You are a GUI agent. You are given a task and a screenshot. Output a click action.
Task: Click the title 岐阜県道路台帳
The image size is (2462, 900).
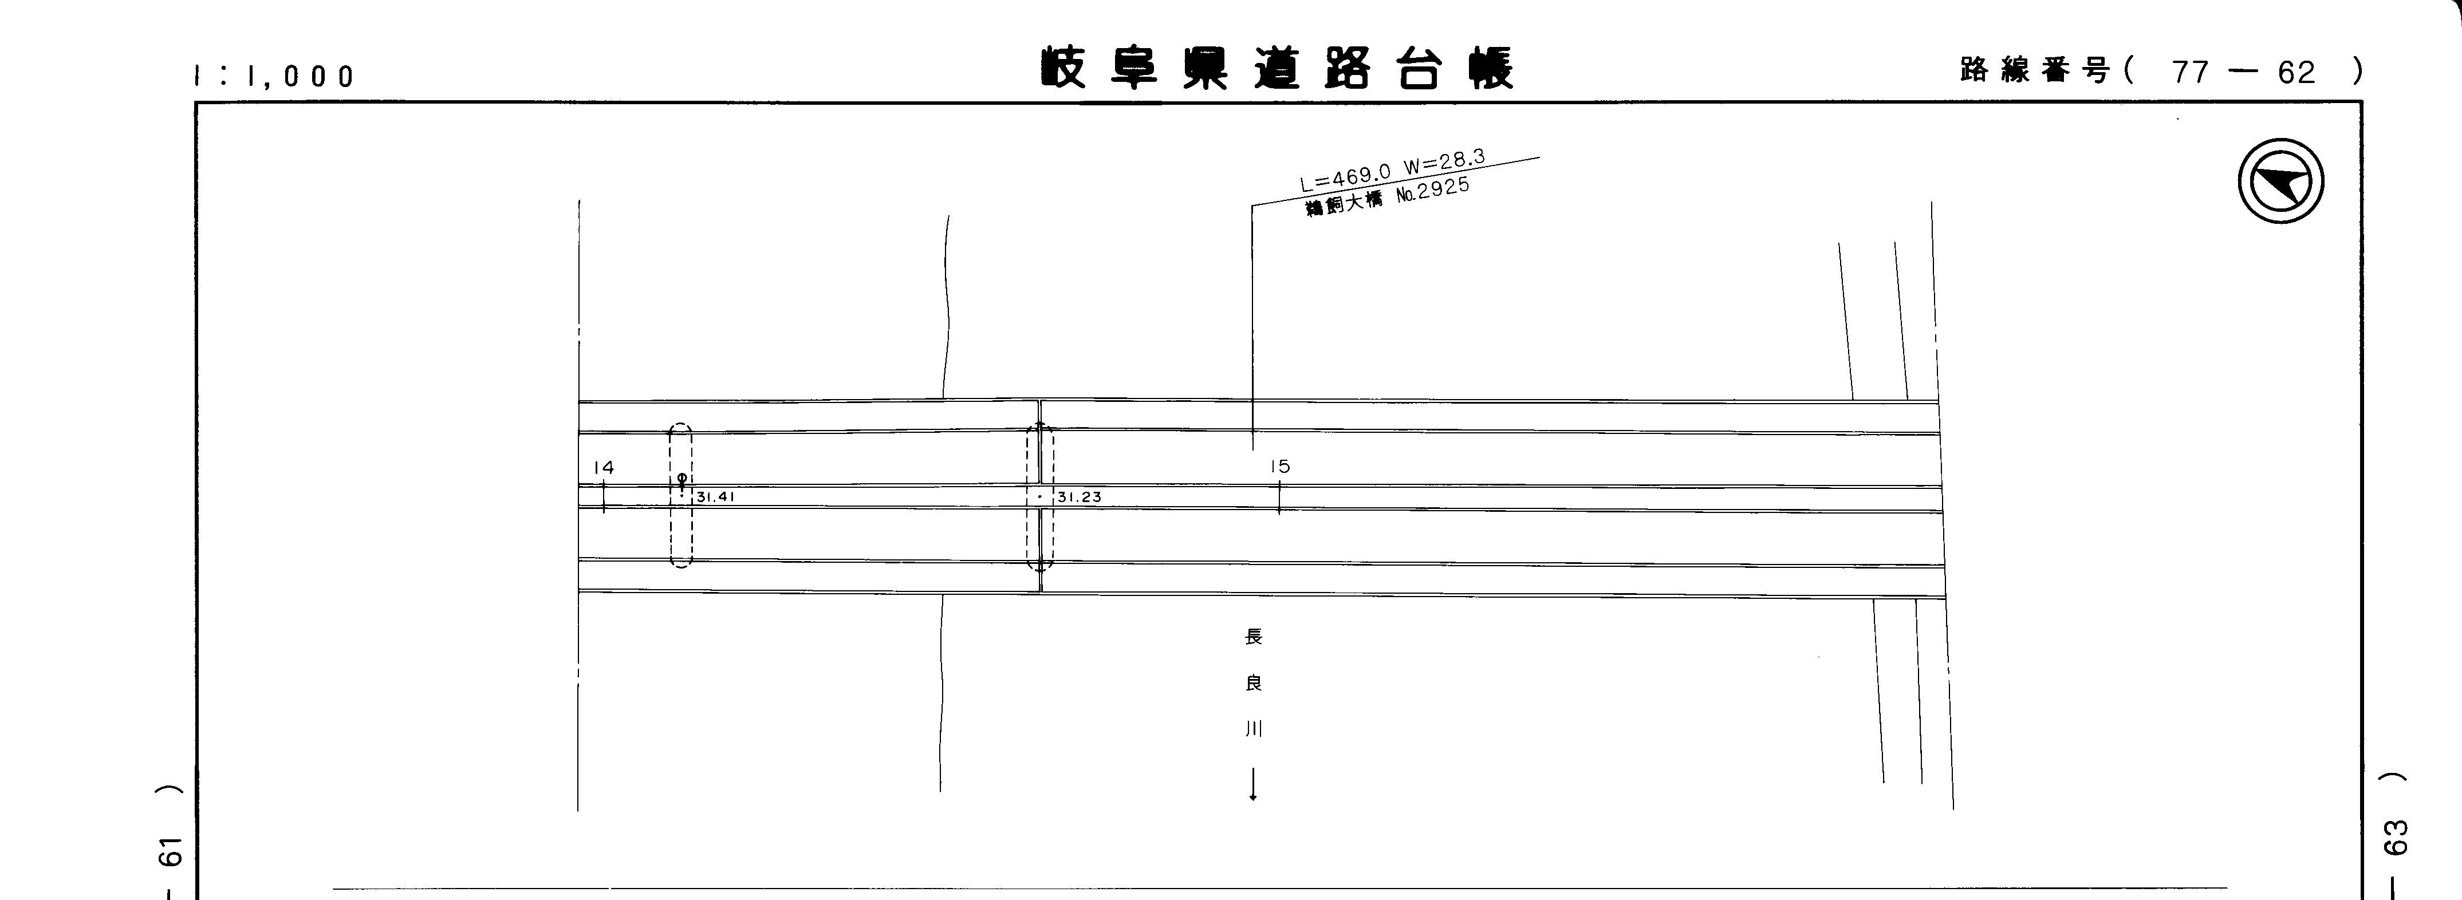pos(1277,68)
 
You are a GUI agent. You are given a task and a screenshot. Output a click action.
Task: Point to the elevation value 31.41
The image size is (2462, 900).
pos(715,497)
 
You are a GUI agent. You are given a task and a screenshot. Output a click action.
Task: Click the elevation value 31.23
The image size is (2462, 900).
pos(1079,497)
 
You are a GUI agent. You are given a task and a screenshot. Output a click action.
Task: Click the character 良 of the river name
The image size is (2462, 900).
pos(1253,683)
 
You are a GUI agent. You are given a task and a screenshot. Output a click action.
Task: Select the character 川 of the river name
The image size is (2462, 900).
pos(1253,729)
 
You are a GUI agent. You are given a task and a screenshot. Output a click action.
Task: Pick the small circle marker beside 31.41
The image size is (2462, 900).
pos(682,477)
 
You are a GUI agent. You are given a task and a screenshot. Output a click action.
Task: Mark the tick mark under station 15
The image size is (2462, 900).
pos(1279,499)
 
